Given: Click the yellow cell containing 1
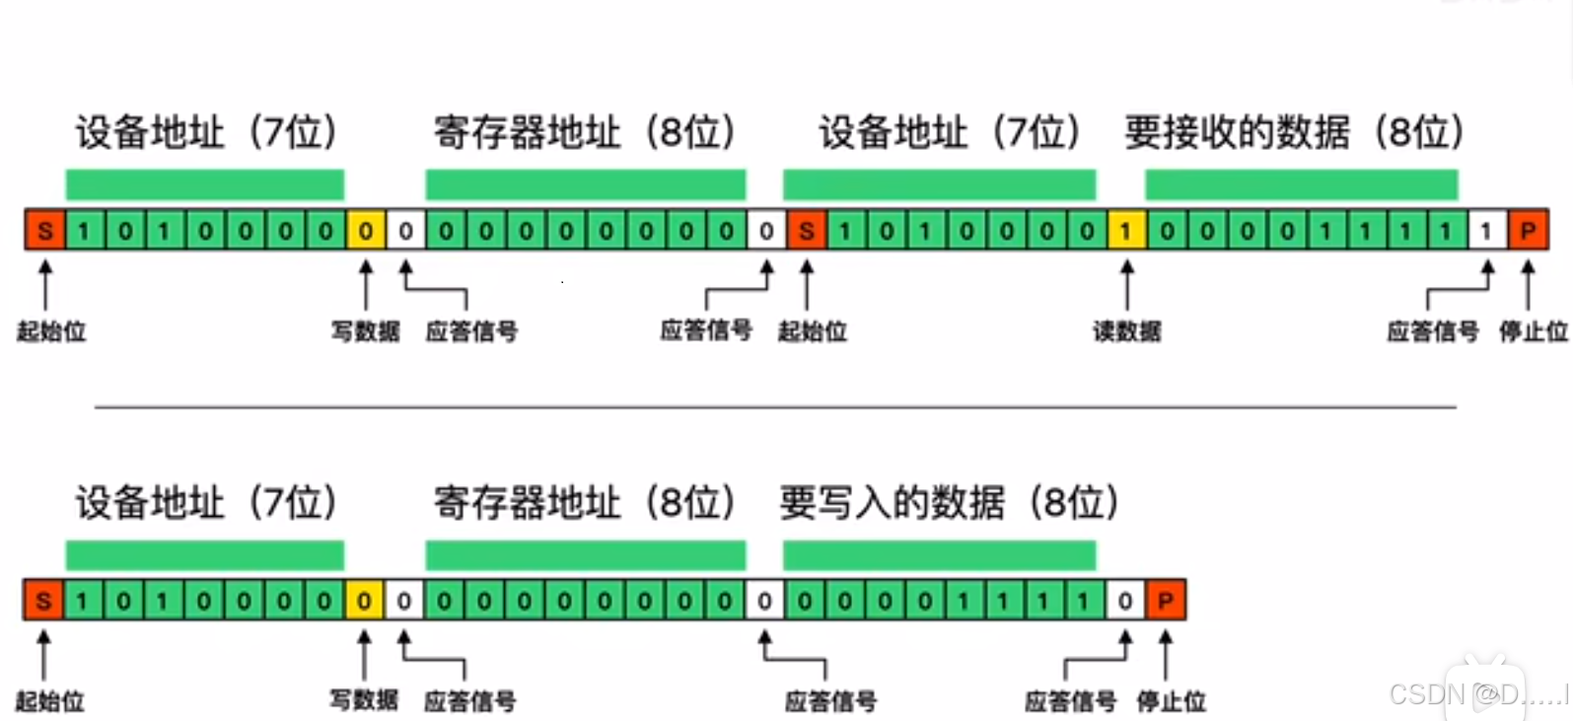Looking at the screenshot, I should coord(1125,231).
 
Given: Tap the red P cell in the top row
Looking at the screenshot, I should coord(1528,231).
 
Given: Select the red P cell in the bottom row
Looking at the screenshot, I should coord(1165,601).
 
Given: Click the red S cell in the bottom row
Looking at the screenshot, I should coord(43,601).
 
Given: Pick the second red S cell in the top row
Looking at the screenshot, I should coord(807,231).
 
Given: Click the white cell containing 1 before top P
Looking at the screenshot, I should coord(1486,231).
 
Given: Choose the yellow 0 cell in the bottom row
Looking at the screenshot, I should coord(364,601).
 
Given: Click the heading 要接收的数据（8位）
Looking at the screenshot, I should coord(1294,132).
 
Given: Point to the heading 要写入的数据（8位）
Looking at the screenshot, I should coord(949,503).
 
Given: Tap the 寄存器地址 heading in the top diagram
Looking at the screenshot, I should coord(584,132).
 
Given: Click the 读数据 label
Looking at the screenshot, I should coord(1126,331).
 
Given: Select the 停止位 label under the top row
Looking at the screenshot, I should coord(1533,331).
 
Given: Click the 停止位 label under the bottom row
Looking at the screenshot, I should coord(1171,701).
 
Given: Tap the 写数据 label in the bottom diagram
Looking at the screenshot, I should coord(364,700).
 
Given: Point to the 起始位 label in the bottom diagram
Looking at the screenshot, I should coord(49,701).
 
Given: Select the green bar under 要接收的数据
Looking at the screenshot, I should coord(1301,184).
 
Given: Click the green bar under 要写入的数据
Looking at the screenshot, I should coord(939,555).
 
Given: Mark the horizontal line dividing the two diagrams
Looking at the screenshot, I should coord(775,406).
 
